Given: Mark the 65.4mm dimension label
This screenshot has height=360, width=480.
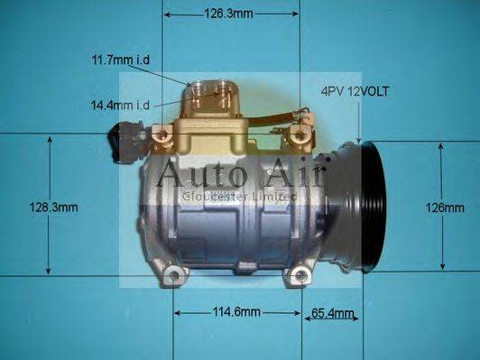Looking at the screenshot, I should click(x=333, y=313).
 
